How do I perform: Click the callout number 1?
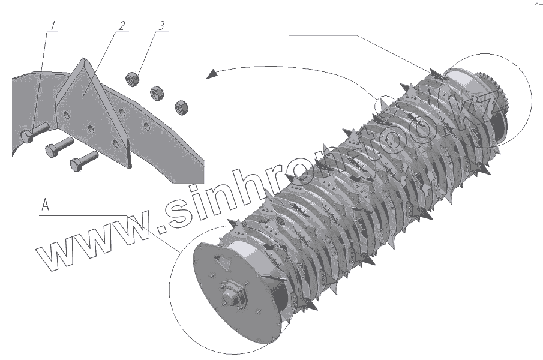[53, 26]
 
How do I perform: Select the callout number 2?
[122, 26]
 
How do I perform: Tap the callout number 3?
[161, 26]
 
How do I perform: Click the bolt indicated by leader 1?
[35, 133]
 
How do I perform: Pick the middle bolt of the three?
[59, 147]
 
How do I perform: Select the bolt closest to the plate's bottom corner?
[84, 161]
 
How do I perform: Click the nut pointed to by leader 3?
[132, 79]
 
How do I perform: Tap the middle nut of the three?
[157, 94]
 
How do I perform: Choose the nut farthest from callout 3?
[181, 107]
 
